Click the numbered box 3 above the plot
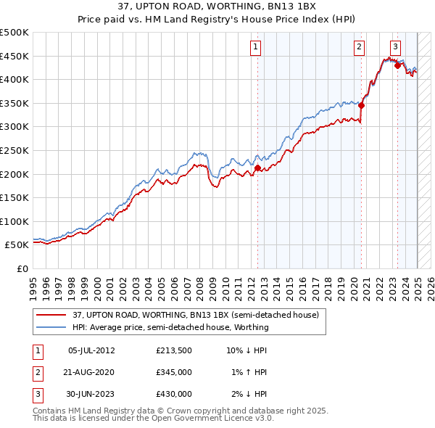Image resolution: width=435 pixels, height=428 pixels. pos(395,47)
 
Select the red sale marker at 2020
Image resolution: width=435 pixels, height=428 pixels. pos(361,105)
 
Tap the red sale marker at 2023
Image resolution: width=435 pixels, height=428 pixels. pos(397,65)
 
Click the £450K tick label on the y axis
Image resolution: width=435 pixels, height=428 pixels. pos(14,56)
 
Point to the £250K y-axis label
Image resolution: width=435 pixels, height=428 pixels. pos(14,150)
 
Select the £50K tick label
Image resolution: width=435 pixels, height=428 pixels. pos(17,245)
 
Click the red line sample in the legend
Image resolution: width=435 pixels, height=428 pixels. pos(52,315)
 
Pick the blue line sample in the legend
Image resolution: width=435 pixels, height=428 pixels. pos(52,327)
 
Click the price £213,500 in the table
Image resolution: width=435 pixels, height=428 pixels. pos(173,350)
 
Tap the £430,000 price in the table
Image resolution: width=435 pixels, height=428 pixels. pos(173,394)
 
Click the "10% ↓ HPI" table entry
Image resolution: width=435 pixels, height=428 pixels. pos(246,350)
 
